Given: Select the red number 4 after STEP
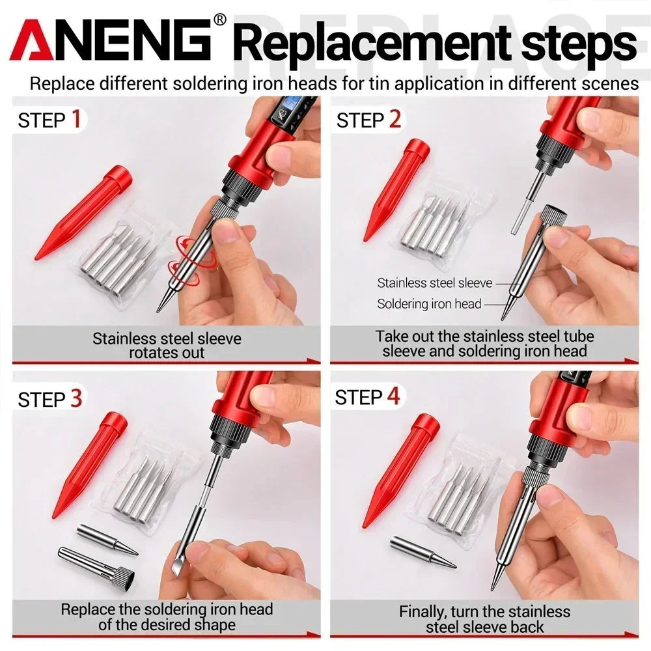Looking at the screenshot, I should pos(393,396).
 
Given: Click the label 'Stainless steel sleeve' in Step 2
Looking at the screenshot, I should pos(434,283).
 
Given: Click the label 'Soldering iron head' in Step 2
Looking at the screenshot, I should pos(429,303).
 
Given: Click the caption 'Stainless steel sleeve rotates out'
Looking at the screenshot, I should pos(167,346).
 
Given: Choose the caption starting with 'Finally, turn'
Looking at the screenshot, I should pos(484,619).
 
